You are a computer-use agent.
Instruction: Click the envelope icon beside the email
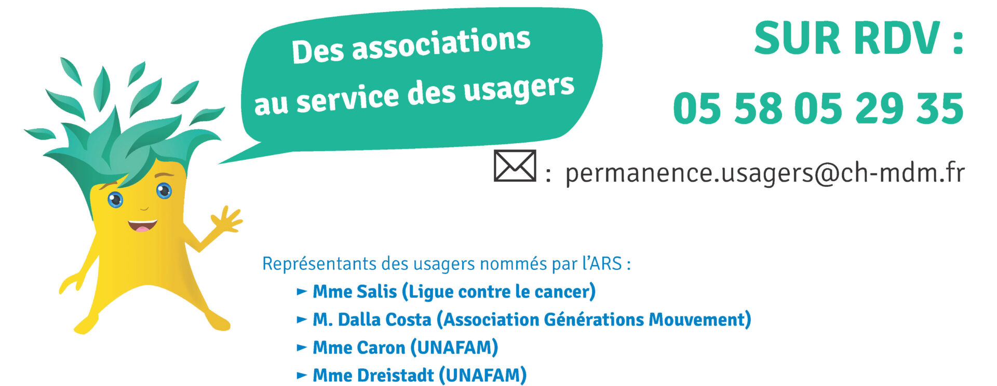[x=515, y=166]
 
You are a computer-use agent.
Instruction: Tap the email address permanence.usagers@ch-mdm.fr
[x=765, y=173]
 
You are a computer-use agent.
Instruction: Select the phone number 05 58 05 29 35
[x=818, y=108]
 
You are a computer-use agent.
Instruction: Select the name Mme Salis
[x=355, y=292]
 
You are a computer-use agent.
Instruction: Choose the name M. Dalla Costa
[x=372, y=320]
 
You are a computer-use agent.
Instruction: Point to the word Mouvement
[x=696, y=320]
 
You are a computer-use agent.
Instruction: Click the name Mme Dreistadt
[x=373, y=375]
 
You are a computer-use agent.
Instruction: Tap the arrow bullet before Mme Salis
[x=302, y=292]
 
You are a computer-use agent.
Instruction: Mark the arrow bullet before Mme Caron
[x=302, y=348]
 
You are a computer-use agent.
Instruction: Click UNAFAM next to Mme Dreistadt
[x=483, y=375]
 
